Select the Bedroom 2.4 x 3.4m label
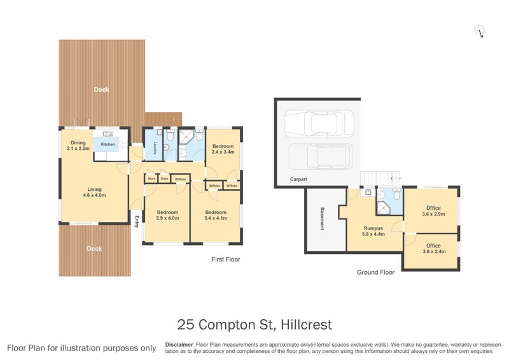pos(223,149)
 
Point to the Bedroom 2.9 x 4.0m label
pos(168,215)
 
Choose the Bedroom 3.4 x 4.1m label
pos(216,215)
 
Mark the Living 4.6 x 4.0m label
pos(94,191)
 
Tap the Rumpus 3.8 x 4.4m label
pos(373,230)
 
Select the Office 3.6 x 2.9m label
pos(433,211)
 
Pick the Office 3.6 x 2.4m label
pos(433,248)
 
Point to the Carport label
pos(298,179)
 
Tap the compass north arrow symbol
pos(480,31)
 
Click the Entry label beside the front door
pos(137,221)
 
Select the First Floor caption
pos(226,260)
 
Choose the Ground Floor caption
pos(375,272)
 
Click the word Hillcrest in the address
pos(307,325)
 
